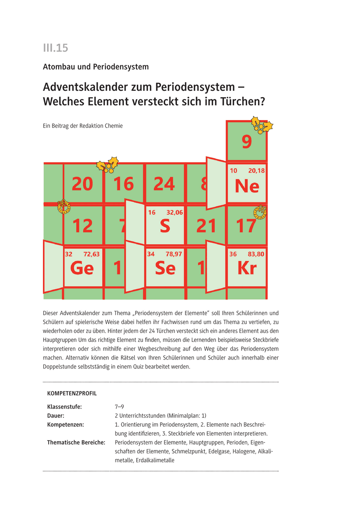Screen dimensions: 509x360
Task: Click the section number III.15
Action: pos(55,48)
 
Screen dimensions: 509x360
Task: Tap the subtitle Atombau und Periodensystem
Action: pos(96,67)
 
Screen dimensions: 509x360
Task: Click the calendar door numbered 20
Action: pos(82,184)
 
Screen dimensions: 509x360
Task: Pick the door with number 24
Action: pos(164,184)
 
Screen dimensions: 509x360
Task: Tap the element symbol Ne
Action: pos(247,186)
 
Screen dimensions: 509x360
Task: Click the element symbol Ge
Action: pos(82,268)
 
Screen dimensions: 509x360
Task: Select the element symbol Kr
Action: pos(247,268)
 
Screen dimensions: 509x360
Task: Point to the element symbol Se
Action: pos(165,268)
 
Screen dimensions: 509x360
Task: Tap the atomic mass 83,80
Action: pos(256,254)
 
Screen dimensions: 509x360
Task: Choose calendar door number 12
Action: pos(82,226)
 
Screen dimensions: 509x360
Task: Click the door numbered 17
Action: pos(247,226)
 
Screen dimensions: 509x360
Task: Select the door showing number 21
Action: pos(206,226)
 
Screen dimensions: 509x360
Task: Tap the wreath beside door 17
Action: pos(260,211)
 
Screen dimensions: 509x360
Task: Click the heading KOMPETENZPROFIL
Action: pos(72,394)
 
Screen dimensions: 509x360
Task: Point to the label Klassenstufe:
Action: pos(64,407)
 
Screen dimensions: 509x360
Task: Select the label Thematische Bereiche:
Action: pos(76,442)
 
